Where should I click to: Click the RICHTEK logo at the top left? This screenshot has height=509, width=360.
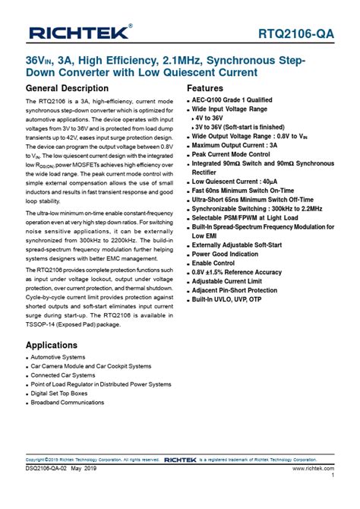pos(79,32)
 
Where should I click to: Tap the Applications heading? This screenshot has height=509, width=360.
pos(56,345)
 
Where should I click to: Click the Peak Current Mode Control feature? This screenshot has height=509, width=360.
pos(237,154)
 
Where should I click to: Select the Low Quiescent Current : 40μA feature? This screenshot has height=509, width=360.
pos(241,182)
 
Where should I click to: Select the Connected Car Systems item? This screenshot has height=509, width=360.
pos(63,375)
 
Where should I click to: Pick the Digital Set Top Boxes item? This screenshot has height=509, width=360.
pos(59,394)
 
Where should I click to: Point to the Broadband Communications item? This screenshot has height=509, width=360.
pos(68,403)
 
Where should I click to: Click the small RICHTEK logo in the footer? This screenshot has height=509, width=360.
pos(182,460)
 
